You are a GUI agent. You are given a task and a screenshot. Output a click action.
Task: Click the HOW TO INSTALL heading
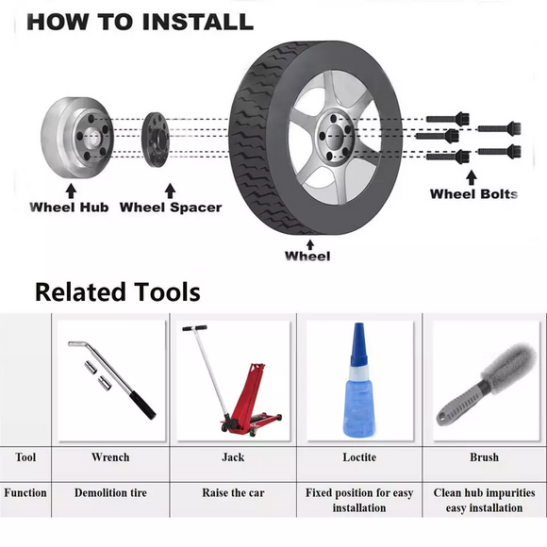point(140,21)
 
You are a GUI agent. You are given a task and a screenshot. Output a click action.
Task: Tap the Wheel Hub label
point(69,207)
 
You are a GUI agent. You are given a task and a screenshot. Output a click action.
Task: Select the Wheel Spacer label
point(171,207)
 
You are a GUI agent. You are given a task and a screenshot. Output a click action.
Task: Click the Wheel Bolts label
point(473,194)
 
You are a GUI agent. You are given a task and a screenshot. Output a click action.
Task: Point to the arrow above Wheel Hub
point(71,191)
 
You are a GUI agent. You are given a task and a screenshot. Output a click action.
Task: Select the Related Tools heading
point(117,291)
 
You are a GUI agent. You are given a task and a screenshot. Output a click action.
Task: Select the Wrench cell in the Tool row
point(110,457)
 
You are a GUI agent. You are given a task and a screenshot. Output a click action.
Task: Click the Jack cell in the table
point(232,457)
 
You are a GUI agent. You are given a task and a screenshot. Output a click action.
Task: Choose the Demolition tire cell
point(110,492)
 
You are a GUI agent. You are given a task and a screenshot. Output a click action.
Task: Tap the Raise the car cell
point(232,492)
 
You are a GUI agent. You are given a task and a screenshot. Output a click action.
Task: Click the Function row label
point(25,492)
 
